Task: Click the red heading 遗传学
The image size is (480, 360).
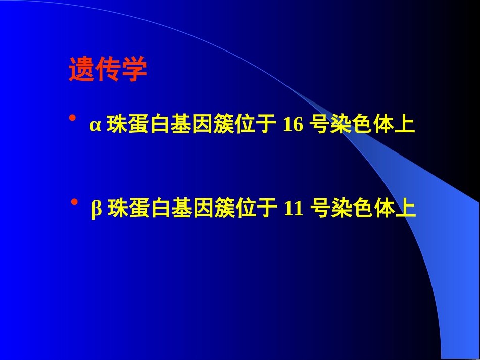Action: [108, 70]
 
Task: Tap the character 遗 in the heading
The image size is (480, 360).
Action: [81, 70]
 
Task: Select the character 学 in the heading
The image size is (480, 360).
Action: [134, 70]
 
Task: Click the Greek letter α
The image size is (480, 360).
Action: [95, 125]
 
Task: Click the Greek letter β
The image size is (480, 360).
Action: [97, 209]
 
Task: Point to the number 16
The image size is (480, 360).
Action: [293, 125]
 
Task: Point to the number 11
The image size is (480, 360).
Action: [294, 208]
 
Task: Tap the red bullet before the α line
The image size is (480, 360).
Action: [72, 118]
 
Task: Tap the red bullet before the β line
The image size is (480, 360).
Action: [74, 202]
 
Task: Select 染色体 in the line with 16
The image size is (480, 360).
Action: [362, 125]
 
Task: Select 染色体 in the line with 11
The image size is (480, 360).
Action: [363, 208]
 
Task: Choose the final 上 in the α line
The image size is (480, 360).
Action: [405, 125]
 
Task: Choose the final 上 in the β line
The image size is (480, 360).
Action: [406, 208]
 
